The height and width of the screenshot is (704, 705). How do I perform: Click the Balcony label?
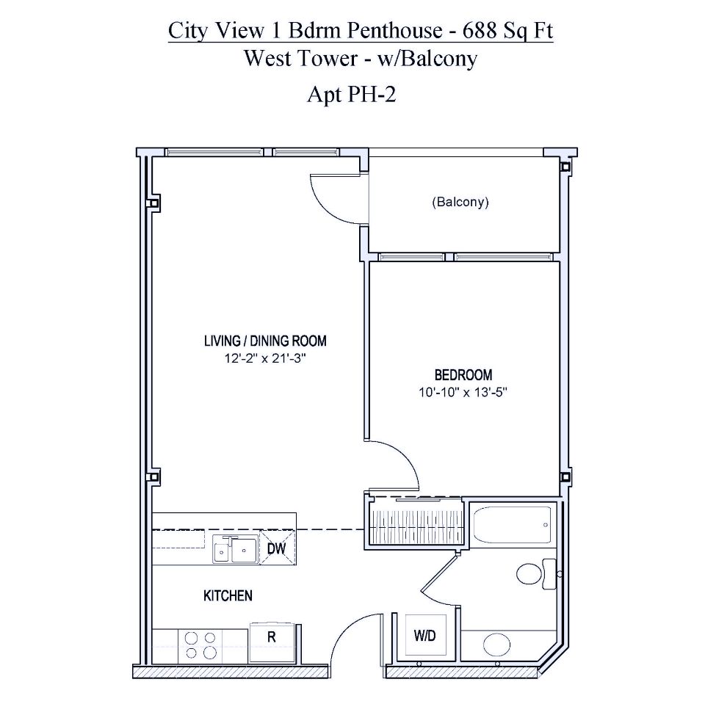(x=460, y=202)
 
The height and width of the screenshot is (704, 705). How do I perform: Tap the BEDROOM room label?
(x=462, y=374)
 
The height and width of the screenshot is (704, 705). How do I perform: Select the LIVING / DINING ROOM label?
(x=265, y=341)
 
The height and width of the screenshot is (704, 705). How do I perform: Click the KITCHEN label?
(x=228, y=595)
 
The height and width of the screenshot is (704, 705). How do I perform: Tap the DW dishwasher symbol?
(x=276, y=548)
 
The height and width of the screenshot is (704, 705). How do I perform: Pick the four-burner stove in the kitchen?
(x=200, y=645)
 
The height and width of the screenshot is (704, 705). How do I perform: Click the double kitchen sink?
(x=235, y=549)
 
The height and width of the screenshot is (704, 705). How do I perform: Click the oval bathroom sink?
(x=497, y=645)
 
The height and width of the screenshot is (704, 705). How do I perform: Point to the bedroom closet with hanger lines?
(x=414, y=523)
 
